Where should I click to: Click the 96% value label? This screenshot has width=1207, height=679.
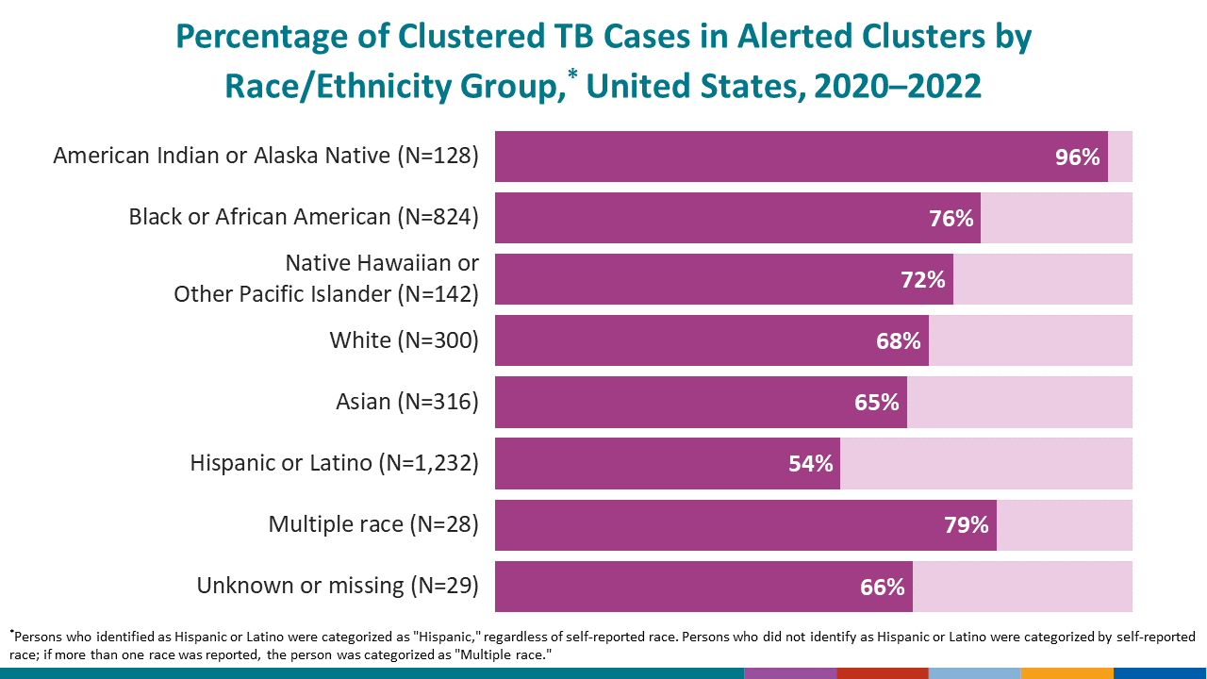tap(1078, 157)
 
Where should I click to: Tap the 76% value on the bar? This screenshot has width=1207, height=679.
tap(951, 219)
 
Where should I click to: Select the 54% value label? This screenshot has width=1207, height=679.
tap(811, 464)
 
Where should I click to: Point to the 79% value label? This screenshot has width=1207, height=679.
tap(967, 525)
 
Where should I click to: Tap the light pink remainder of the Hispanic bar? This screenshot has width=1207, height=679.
tap(985, 464)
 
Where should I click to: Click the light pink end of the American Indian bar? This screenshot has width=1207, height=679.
tap(1120, 157)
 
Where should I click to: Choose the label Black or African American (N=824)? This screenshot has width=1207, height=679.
tap(304, 217)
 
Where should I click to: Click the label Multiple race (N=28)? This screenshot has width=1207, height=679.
tap(373, 524)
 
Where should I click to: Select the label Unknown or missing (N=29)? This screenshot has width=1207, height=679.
tap(338, 586)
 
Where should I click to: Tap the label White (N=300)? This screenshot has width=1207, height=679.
tap(404, 340)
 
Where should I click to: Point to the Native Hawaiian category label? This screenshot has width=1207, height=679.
tap(326, 278)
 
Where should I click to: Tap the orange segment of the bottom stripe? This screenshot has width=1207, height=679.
tap(1066, 673)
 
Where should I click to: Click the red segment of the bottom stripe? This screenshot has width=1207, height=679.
tap(882, 673)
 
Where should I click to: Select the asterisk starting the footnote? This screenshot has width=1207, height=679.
tap(12, 633)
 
